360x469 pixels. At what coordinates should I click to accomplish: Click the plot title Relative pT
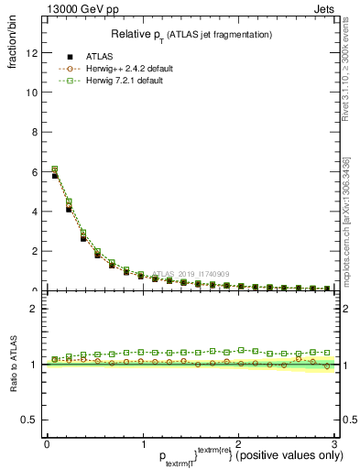[x=191, y=34]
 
